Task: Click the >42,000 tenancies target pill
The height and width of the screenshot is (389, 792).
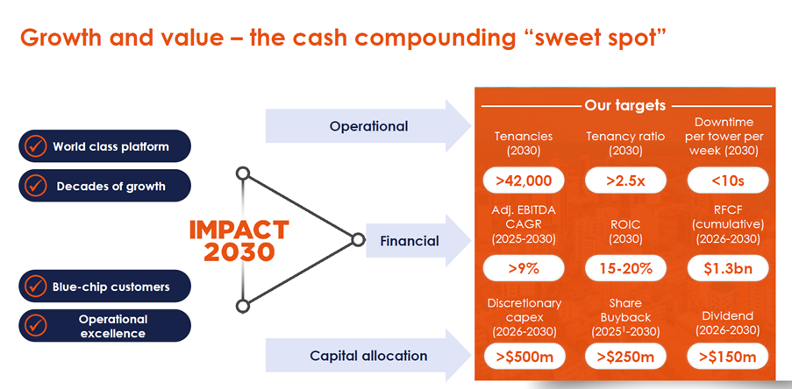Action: tap(524, 180)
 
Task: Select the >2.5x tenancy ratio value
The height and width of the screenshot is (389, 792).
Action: tap(625, 180)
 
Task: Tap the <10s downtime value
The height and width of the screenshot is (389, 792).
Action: tap(728, 180)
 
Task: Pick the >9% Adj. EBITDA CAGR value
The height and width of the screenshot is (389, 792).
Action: tap(524, 268)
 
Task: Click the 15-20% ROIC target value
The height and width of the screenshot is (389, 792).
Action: tap(625, 268)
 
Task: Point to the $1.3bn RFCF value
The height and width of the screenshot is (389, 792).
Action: tap(728, 268)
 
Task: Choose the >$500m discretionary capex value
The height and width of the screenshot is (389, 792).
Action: tap(524, 357)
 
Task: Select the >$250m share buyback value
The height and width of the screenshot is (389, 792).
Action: tap(625, 357)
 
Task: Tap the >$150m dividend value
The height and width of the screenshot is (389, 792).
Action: tap(728, 357)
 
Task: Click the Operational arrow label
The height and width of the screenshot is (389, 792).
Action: tap(368, 126)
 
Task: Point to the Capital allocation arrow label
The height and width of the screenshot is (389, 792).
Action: tap(368, 356)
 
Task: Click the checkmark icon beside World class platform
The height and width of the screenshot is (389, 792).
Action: tap(35, 146)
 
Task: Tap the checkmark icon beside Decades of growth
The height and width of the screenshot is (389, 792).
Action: tap(35, 186)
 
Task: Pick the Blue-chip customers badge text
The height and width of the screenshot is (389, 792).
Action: tap(111, 286)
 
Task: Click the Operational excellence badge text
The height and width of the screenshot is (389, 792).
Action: tap(113, 326)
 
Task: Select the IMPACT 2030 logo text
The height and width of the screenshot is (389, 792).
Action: tap(239, 241)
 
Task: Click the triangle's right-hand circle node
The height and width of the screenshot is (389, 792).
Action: tap(358, 240)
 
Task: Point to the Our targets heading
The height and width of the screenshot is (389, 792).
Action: tap(624, 106)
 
